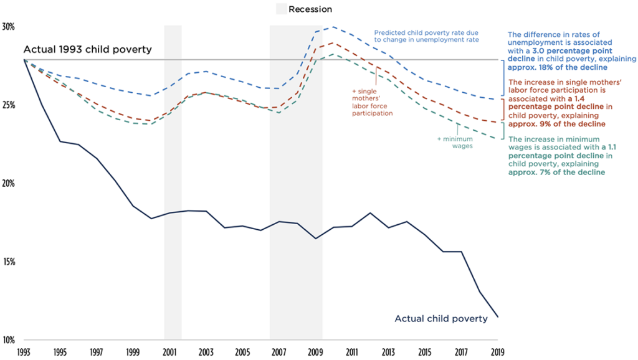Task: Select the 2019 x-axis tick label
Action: (x=498, y=352)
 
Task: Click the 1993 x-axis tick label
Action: (x=24, y=352)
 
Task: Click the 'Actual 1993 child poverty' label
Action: (x=88, y=49)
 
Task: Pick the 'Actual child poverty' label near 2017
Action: (x=440, y=319)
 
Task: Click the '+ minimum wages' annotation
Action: (x=458, y=143)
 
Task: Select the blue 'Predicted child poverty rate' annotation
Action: (x=426, y=36)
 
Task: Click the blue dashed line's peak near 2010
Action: (x=333, y=27)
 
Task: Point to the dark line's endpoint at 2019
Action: (x=498, y=317)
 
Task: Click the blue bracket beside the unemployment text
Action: (x=503, y=78)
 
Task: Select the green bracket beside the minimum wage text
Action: (x=503, y=131)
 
